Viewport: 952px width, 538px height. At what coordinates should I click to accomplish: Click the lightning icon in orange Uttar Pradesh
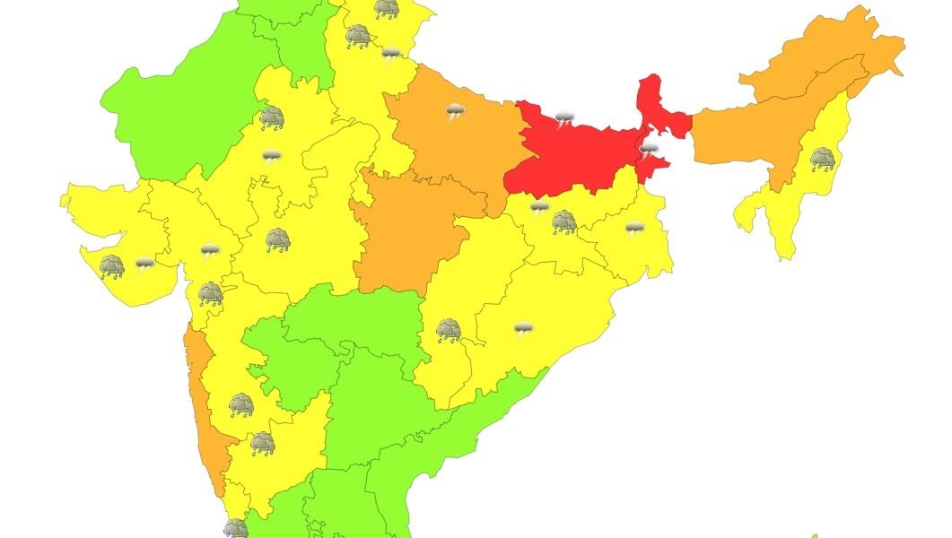click(456, 112)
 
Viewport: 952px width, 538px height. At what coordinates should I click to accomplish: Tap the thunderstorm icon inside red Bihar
click(563, 118)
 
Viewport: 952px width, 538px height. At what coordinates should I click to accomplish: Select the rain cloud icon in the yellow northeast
click(822, 160)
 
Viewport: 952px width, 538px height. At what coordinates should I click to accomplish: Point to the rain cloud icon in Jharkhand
click(563, 221)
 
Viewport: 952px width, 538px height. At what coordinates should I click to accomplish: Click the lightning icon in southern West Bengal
click(634, 228)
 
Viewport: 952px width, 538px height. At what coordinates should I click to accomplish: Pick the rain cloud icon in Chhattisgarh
click(449, 331)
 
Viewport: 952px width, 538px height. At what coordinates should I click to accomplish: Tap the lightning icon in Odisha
click(523, 329)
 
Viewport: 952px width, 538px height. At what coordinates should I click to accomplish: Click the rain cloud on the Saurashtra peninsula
click(112, 266)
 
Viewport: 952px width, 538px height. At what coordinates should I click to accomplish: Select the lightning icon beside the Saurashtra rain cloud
click(144, 263)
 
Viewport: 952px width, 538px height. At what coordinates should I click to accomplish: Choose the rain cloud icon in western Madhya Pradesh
click(277, 239)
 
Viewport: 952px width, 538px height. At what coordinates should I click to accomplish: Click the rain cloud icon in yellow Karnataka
click(261, 444)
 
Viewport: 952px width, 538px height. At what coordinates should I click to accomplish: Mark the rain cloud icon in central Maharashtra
click(240, 405)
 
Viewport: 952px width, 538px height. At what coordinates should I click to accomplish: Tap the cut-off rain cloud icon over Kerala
click(235, 529)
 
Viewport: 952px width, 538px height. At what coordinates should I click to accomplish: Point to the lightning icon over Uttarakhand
click(390, 54)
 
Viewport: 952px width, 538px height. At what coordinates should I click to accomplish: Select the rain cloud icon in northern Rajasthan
click(272, 117)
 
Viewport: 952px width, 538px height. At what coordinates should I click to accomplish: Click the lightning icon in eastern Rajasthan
click(270, 157)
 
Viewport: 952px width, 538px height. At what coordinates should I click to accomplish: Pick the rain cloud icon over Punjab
click(359, 36)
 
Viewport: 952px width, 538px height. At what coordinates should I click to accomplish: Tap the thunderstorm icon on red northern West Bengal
click(648, 148)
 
